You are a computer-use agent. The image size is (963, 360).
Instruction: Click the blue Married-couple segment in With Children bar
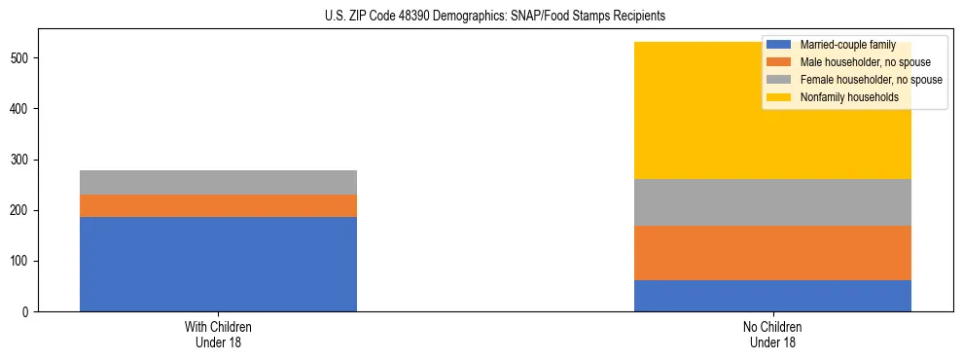tap(218, 264)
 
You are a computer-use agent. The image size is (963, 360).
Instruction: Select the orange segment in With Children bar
tap(218, 205)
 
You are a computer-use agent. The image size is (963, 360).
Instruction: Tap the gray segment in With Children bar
tap(218, 182)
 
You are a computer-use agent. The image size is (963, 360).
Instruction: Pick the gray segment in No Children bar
tap(772, 202)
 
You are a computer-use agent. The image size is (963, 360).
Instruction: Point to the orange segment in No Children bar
tap(772, 253)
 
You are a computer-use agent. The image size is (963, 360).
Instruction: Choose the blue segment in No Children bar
tap(772, 296)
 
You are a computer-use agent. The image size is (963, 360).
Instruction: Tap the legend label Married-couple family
tap(848, 45)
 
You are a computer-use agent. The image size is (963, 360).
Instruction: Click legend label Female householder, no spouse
tap(871, 80)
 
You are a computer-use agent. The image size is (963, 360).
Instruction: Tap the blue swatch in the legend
tap(779, 45)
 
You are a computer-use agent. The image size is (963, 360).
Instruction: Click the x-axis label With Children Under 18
tap(218, 335)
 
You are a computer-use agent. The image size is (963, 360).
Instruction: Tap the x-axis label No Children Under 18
tap(772, 335)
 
